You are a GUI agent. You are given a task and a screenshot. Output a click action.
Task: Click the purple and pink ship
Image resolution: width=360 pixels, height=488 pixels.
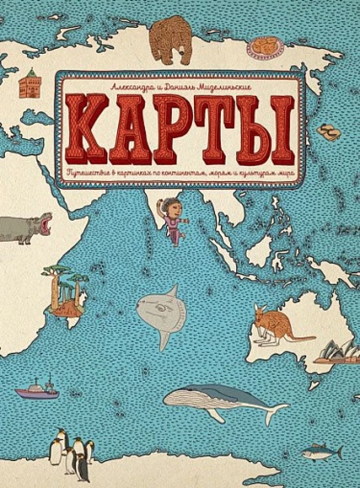point(37,390)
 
